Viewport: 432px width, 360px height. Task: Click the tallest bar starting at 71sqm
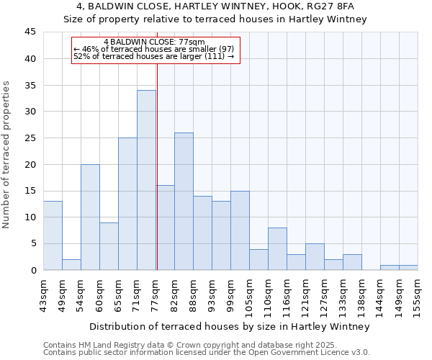pyautogui.click(x=146, y=180)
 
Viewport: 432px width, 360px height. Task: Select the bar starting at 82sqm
pyautogui.click(x=184, y=202)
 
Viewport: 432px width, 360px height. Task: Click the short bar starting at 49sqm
pyautogui.click(x=71, y=265)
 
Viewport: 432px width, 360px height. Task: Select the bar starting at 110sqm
pyautogui.click(x=277, y=249)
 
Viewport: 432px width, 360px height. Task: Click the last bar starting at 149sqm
pyautogui.click(x=408, y=268)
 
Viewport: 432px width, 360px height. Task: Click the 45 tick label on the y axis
pyautogui.click(x=30, y=32)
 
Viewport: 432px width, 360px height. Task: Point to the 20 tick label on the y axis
pyautogui.click(x=30, y=164)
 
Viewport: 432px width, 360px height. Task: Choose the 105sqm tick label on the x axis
pyautogui.click(x=249, y=295)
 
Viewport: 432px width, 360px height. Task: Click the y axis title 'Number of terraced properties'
pyautogui.click(x=6, y=155)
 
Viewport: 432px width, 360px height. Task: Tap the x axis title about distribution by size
pyautogui.click(x=230, y=326)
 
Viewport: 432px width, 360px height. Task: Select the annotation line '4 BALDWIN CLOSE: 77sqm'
pyautogui.click(x=154, y=42)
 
